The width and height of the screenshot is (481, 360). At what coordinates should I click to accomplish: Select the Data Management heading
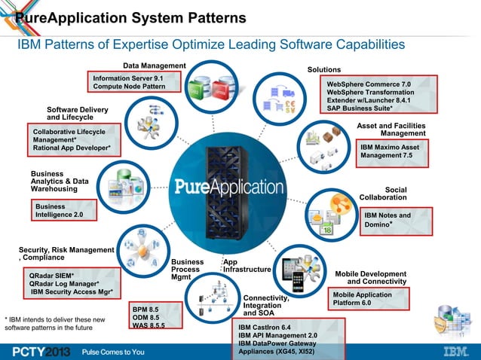pos(154,66)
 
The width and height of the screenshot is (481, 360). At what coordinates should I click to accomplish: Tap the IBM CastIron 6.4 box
pos(287,340)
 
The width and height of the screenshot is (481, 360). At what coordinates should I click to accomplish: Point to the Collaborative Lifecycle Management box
pos(72,140)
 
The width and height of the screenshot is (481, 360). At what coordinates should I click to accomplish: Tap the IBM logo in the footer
pos(454,351)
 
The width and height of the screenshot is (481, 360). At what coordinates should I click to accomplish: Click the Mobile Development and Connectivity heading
pos(371,277)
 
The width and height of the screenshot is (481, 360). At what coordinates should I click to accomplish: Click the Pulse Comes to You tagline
pos(113,352)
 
